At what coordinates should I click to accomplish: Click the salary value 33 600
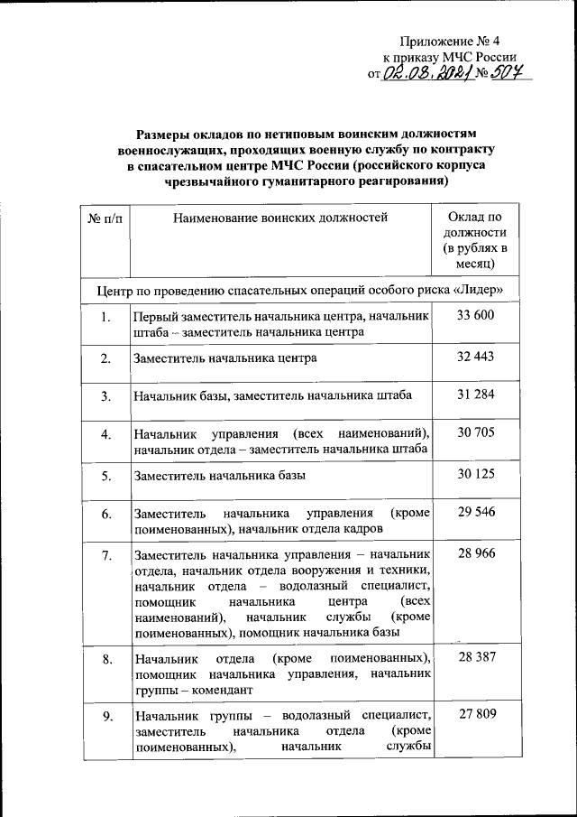(476, 315)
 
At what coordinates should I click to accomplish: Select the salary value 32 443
(476, 356)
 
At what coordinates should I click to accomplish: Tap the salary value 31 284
(476, 395)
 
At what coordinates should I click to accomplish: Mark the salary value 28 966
(476, 553)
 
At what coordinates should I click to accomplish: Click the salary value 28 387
(476, 657)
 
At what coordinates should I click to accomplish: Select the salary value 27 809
(476, 716)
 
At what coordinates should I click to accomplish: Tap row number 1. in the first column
(106, 317)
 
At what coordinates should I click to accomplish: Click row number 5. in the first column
(106, 476)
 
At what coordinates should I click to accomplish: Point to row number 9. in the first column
(106, 718)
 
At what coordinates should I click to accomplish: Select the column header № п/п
(105, 218)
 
